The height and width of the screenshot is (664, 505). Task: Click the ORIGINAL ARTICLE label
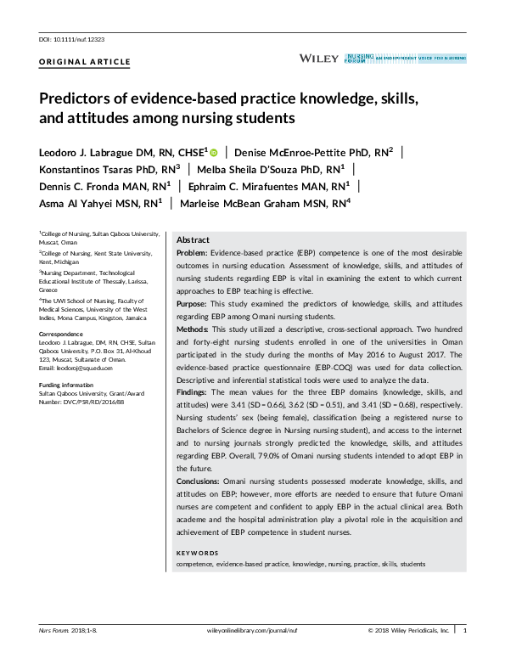point(85,63)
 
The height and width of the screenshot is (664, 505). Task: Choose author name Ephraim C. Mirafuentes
point(267,186)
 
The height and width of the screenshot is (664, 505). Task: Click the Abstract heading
point(193,240)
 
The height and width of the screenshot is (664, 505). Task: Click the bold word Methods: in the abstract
point(193,328)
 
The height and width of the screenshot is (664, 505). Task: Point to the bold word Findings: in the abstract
point(194,394)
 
